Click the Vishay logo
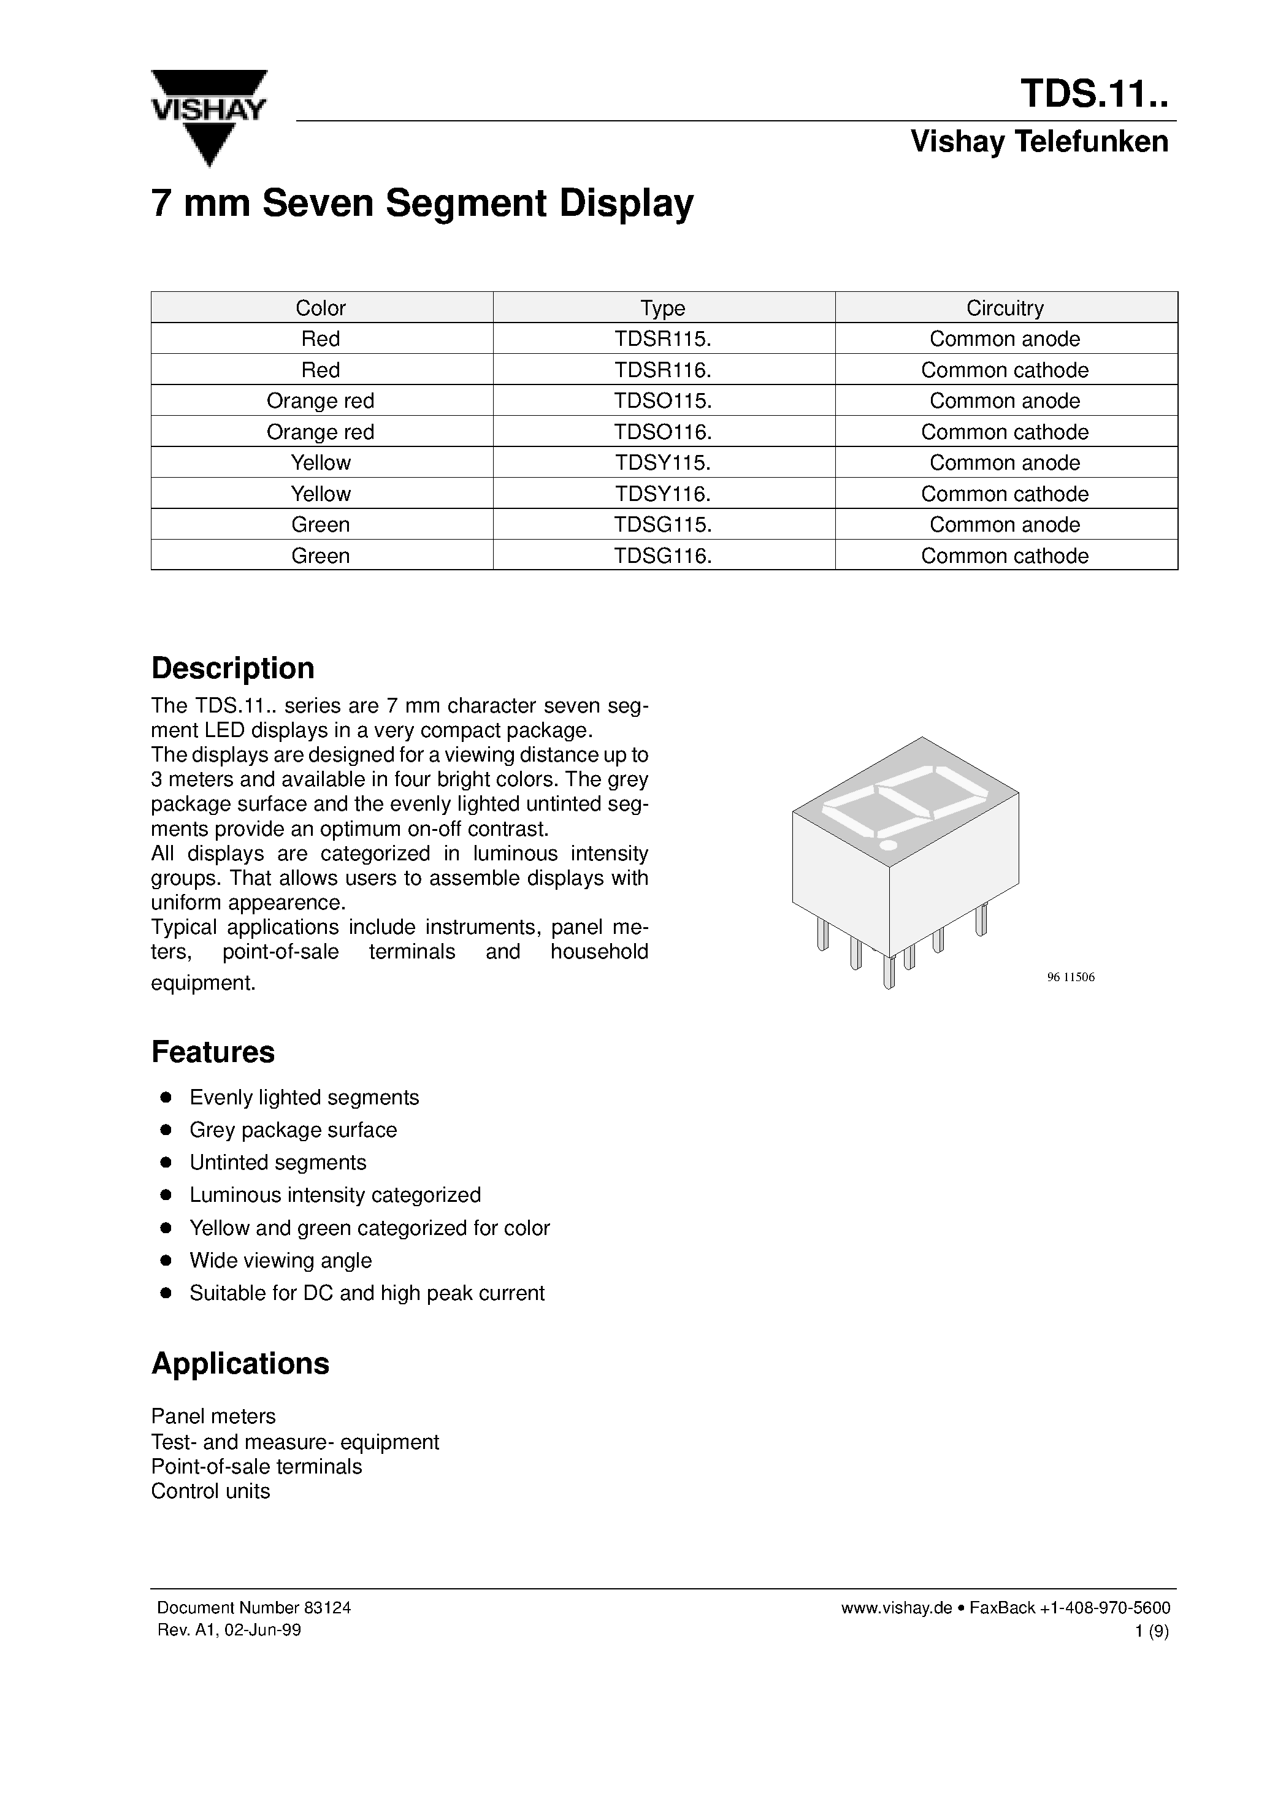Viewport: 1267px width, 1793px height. pyautogui.click(x=209, y=117)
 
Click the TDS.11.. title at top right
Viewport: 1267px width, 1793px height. pyautogui.click(x=1093, y=94)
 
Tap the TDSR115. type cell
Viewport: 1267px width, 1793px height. pyautogui.click(x=662, y=339)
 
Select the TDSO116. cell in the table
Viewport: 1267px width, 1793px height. pyautogui.click(x=662, y=432)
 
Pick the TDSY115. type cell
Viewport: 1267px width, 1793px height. pyautogui.click(x=662, y=463)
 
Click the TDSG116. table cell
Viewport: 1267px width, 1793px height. pyautogui.click(x=662, y=556)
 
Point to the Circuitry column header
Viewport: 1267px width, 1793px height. pyautogui.click(x=1005, y=308)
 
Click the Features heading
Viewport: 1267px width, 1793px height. pyautogui.click(x=212, y=1052)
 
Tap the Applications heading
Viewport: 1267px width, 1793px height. pyautogui.click(x=240, y=1364)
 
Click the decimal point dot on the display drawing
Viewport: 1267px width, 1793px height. pyautogui.click(x=887, y=845)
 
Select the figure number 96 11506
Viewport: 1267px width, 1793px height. pyautogui.click(x=1070, y=977)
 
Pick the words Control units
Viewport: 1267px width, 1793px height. pyautogui.click(x=210, y=1491)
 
